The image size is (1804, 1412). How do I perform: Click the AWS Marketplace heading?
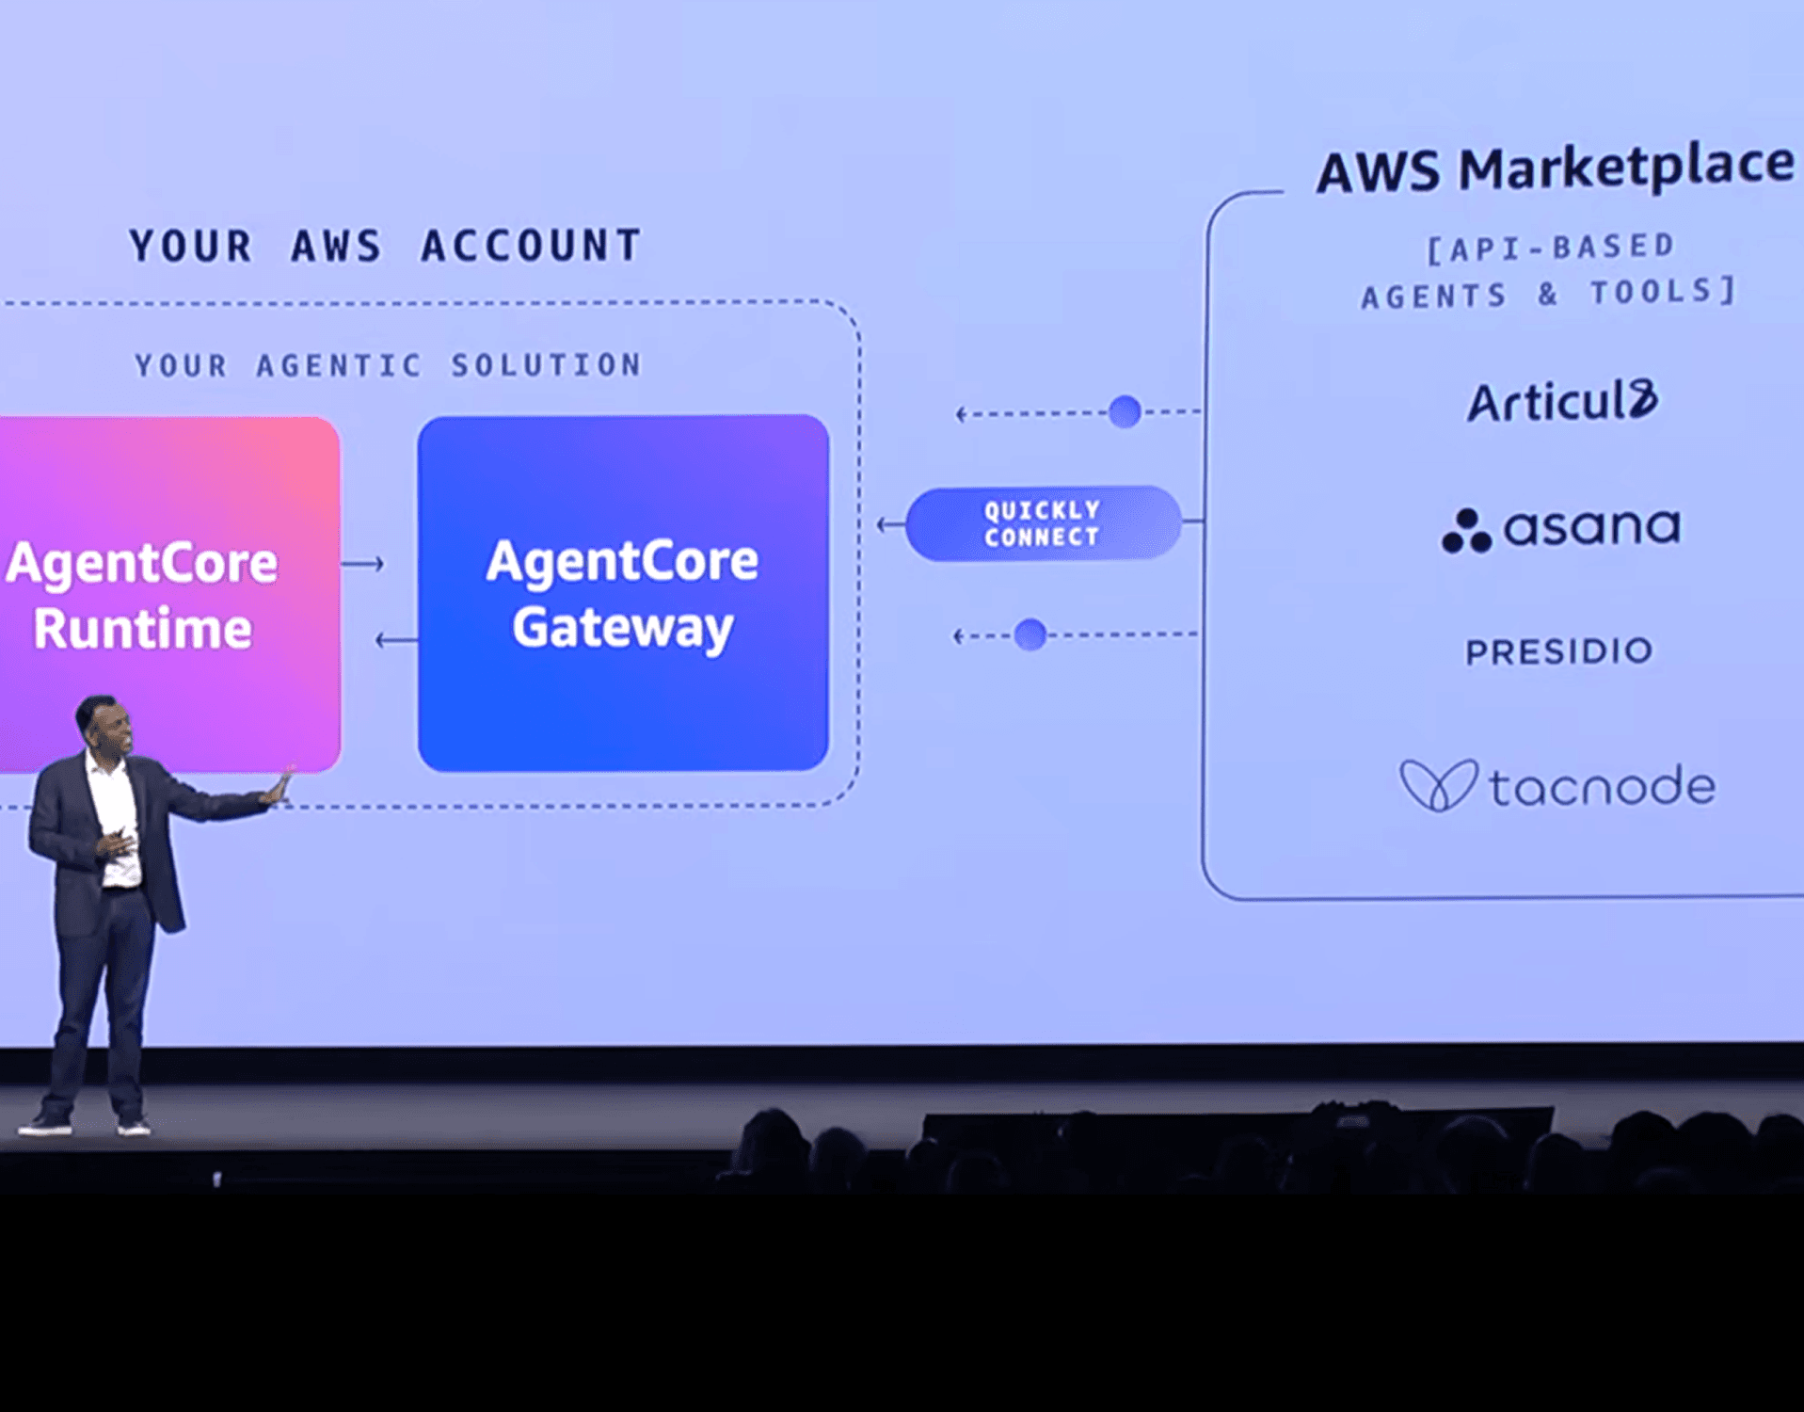pyautogui.click(x=1555, y=169)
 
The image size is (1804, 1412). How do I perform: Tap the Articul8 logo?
pyautogui.click(x=1562, y=402)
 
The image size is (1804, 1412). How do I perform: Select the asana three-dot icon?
pyautogui.click(x=1466, y=533)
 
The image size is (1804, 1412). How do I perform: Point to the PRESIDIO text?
pyautogui.click(x=1558, y=651)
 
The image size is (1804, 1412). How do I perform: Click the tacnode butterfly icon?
pyautogui.click(x=1437, y=785)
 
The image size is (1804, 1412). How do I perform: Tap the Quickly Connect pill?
pyautogui.click(x=1042, y=523)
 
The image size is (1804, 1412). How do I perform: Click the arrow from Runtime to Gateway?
pyautogui.click(x=362, y=564)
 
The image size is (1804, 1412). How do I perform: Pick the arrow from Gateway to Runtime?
pyautogui.click(x=396, y=640)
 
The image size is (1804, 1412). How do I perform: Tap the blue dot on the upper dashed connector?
pyautogui.click(x=1125, y=411)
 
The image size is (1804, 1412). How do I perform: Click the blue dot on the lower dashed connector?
pyautogui.click(x=1030, y=635)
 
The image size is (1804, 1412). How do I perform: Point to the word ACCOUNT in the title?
pyautogui.click(x=531, y=247)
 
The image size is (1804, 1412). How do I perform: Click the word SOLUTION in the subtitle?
pyautogui.click(x=546, y=365)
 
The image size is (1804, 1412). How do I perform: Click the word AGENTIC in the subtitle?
pyautogui.click(x=339, y=365)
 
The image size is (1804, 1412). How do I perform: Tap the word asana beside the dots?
pyautogui.click(x=1591, y=527)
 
